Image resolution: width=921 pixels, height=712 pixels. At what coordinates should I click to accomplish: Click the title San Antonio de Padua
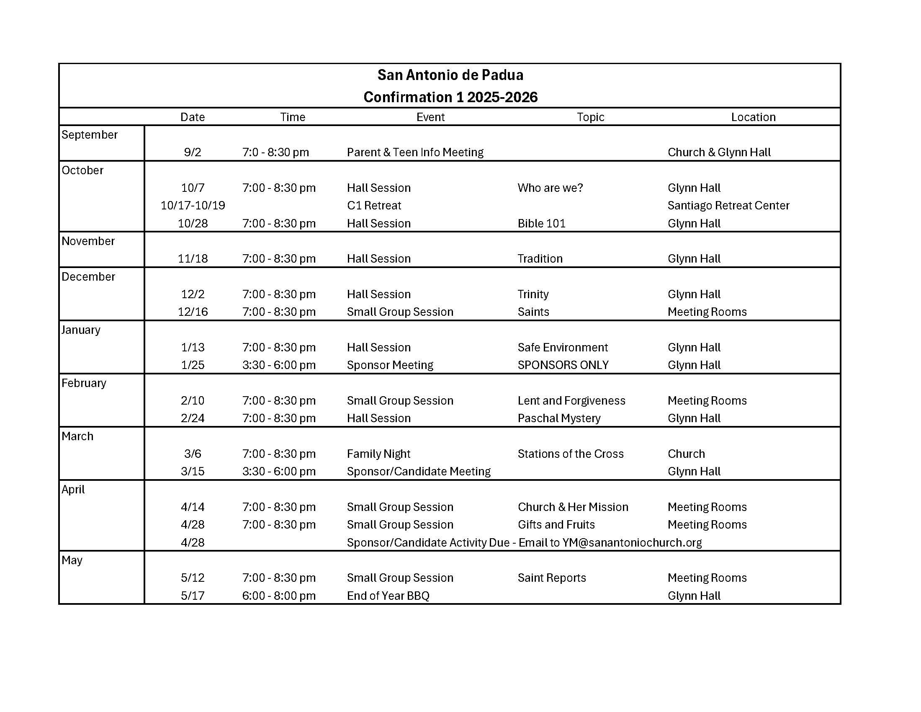tap(450, 75)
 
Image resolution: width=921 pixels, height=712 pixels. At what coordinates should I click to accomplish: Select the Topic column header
tap(590, 117)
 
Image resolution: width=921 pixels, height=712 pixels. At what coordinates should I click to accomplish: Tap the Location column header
tap(753, 117)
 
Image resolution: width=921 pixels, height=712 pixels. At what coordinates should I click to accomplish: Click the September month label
tap(90, 134)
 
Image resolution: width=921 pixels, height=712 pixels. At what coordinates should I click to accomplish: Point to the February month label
tap(83, 383)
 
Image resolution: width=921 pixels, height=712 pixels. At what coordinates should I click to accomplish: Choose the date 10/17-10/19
tap(193, 205)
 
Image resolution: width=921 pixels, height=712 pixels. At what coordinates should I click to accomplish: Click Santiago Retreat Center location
tap(728, 205)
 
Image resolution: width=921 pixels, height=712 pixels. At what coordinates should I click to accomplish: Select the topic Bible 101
tap(541, 223)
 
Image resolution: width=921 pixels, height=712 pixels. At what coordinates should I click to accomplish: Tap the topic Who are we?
tap(550, 188)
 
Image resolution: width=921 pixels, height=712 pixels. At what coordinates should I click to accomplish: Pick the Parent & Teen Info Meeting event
tap(415, 152)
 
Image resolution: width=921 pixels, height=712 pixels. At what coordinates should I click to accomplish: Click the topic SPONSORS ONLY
tap(563, 365)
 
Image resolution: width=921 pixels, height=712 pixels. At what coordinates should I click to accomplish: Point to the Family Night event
tap(378, 454)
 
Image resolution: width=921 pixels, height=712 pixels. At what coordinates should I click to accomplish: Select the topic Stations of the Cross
tap(570, 454)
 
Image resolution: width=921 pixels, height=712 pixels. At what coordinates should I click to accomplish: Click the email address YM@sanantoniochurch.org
tap(632, 542)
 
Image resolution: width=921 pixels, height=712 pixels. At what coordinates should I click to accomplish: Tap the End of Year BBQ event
tap(388, 596)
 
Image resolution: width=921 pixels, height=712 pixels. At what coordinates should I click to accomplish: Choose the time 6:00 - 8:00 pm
tap(279, 596)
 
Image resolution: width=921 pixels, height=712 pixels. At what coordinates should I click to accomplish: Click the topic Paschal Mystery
tap(559, 418)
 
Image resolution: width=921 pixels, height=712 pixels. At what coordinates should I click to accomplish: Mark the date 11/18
tap(193, 258)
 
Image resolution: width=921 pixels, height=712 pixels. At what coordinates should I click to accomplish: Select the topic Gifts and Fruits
tap(556, 525)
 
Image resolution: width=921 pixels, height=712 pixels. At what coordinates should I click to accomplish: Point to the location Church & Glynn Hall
tap(718, 152)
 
